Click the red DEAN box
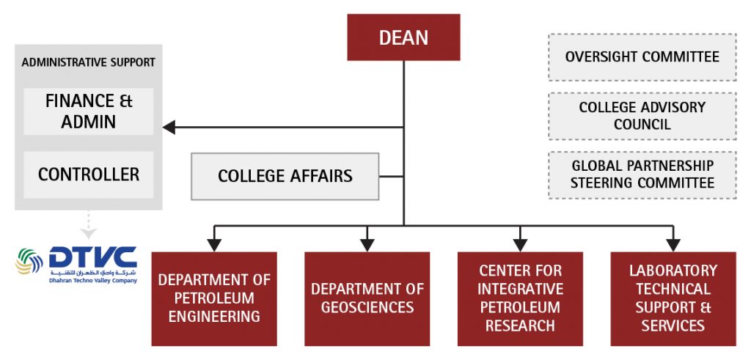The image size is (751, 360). click(403, 37)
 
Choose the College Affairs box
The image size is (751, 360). click(285, 176)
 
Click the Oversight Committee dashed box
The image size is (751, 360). click(642, 56)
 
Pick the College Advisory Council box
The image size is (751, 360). click(642, 116)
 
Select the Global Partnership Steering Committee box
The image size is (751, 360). click(642, 175)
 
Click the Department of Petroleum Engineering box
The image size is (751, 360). click(214, 298)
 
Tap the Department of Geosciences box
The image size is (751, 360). click(367, 298)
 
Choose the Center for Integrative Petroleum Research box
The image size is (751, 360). click(520, 298)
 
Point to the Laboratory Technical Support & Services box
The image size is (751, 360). click(673, 298)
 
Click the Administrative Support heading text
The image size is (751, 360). click(88, 62)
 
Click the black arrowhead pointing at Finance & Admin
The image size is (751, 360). click(169, 128)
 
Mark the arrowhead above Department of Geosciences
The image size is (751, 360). click(367, 244)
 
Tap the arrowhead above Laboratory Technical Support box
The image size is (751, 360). click(673, 244)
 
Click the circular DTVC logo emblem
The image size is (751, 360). click(29, 261)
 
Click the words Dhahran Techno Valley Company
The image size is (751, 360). click(92, 280)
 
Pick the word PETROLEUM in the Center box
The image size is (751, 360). click(520, 307)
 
